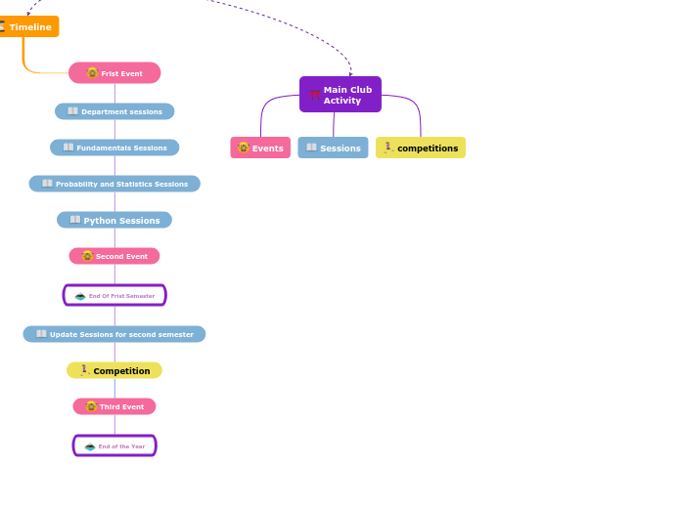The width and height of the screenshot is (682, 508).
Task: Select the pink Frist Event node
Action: click(114, 73)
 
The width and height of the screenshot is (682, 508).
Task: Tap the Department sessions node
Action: click(114, 111)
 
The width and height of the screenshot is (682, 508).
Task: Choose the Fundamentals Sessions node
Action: click(114, 148)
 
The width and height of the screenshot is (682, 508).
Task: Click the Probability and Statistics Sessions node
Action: click(114, 184)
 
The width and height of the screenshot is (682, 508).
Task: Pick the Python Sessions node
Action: click(114, 220)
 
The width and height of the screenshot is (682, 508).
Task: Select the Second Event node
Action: click(114, 256)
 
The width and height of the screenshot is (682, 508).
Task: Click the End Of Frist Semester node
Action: click(114, 295)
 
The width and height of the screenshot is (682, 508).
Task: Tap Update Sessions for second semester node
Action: click(114, 334)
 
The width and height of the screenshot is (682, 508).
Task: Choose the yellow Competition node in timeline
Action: click(114, 370)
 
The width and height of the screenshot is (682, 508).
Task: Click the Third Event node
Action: click(114, 406)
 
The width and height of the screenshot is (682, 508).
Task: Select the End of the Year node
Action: click(114, 445)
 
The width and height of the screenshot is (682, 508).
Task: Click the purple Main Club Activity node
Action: click(341, 95)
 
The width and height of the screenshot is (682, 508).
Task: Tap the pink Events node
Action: click(260, 148)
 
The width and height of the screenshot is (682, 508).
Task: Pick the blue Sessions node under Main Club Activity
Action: click(333, 148)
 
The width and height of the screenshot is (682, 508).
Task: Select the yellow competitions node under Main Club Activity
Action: click(421, 148)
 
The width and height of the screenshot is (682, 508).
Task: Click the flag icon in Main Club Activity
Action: click(314, 95)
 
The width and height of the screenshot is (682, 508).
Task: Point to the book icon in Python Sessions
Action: click(75, 220)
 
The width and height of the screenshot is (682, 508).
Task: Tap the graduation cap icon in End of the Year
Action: click(90, 446)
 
